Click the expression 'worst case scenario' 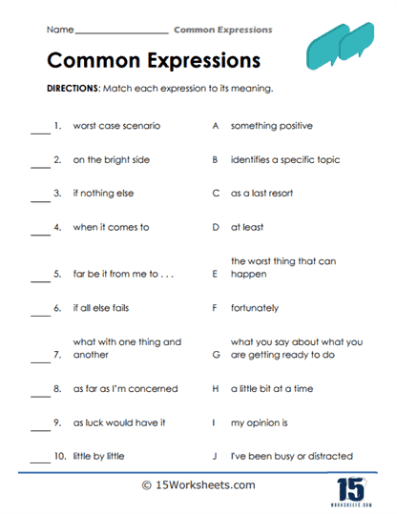point(116,126)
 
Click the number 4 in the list point(57,228)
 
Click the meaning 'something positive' point(271,126)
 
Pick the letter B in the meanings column point(216,160)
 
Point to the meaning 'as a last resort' point(261,194)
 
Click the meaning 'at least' point(247,228)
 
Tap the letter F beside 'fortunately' point(216,309)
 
